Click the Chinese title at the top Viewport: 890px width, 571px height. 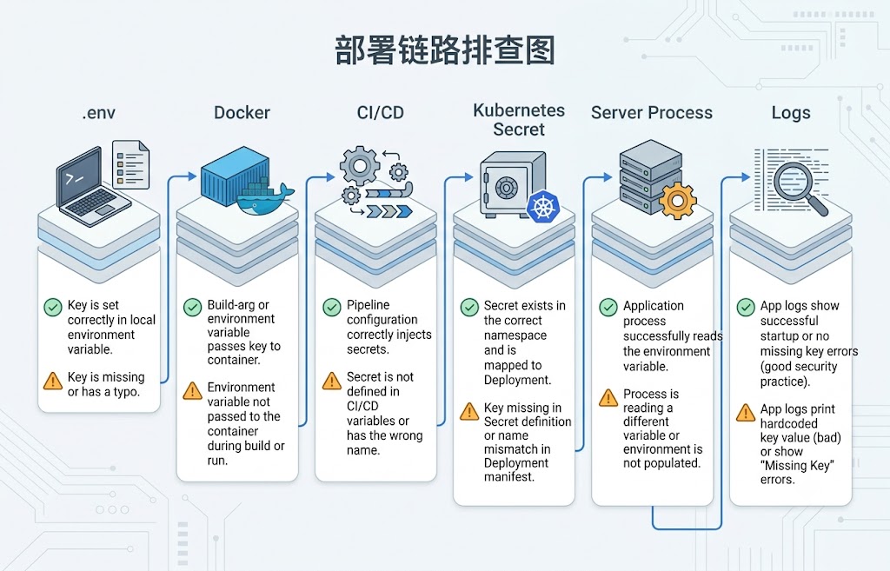(x=444, y=50)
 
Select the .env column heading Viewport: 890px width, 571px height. (x=99, y=113)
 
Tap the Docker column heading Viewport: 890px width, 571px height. (x=242, y=112)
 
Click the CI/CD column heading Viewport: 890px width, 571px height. (x=381, y=112)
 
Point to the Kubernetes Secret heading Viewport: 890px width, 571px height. (x=519, y=119)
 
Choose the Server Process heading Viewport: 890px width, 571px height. (x=652, y=112)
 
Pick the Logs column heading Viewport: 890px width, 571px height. (x=791, y=113)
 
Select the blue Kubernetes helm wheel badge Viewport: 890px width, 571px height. (x=543, y=207)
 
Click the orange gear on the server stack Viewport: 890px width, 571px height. (x=677, y=201)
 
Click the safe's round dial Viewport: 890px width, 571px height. (x=507, y=187)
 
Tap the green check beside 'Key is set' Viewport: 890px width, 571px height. (x=53, y=307)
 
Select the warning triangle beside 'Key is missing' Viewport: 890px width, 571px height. (x=53, y=381)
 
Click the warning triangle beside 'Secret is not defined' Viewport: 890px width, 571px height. (x=331, y=381)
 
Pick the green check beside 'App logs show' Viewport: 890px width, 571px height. (x=746, y=307)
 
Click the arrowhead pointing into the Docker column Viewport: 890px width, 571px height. (x=192, y=177)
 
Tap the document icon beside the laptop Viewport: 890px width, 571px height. (x=130, y=164)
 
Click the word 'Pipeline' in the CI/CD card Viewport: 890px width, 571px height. (x=369, y=305)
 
